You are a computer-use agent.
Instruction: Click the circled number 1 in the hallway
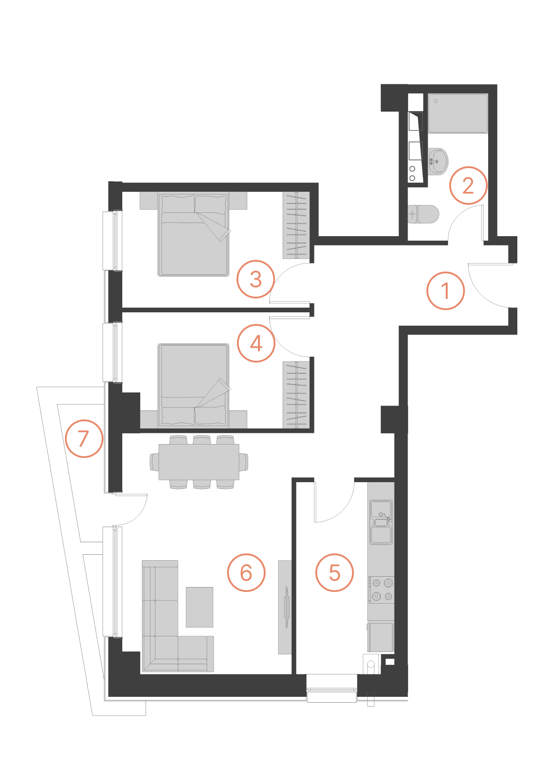(x=445, y=291)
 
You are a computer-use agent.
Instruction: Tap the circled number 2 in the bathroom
(x=468, y=186)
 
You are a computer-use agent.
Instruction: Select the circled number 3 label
(x=256, y=279)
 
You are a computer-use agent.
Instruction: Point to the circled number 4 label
(x=256, y=343)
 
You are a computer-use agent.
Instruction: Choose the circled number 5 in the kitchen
(x=335, y=573)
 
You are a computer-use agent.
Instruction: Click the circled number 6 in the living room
(x=246, y=573)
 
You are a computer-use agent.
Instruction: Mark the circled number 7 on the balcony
(x=84, y=438)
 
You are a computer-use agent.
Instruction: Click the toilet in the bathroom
(x=423, y=214)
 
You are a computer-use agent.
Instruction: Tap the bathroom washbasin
(x=438, y=161)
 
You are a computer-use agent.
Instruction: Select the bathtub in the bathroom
(x=458, y=113)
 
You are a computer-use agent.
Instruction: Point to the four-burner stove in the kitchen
(x=382, y=590)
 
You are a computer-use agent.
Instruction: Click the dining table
(x=199, y=462)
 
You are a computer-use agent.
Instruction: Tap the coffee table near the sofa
(x=200, y=607)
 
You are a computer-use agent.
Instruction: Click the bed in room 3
(x=193, y=234)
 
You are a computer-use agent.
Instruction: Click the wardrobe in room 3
(x=296, y=225)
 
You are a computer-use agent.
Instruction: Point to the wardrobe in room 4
(x=296, y=395)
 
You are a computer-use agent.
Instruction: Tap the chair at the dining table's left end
(x=155, y=462)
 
